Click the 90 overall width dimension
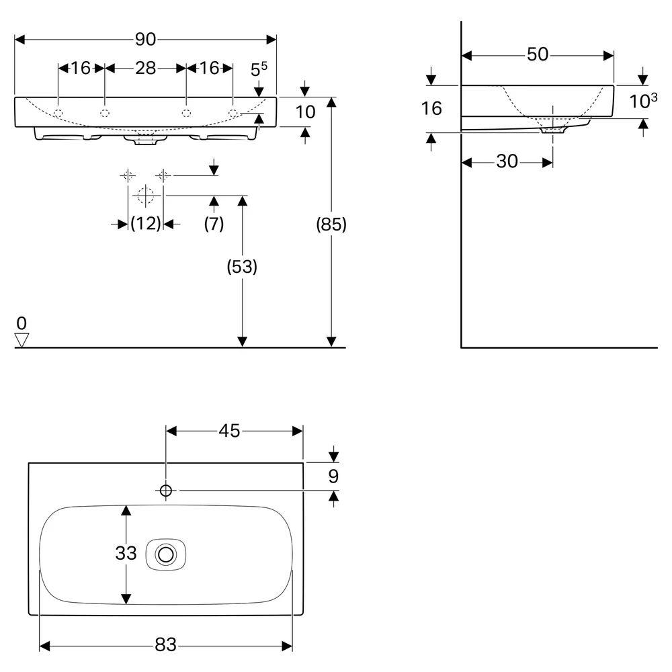(145, 40)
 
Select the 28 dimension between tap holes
(145, 68)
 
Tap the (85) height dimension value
(331, 224)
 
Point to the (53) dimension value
(242, 267)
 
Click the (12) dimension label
(146, 223)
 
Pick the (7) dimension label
(214, 223)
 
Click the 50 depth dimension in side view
(538, 54)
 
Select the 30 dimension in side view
(507, 161)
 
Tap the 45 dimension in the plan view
(229, 431)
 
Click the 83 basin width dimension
(166, 644)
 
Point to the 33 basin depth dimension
(126, 553)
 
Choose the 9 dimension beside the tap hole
(333, 476)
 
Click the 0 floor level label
(22, 323)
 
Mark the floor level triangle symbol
(22, 340)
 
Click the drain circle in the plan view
(166, 554)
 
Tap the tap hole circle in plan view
(166, 491)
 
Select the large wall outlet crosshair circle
(146, 196)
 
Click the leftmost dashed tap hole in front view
(58, 114)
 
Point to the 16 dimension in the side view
(431, 108)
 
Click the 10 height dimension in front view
(306, 112)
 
